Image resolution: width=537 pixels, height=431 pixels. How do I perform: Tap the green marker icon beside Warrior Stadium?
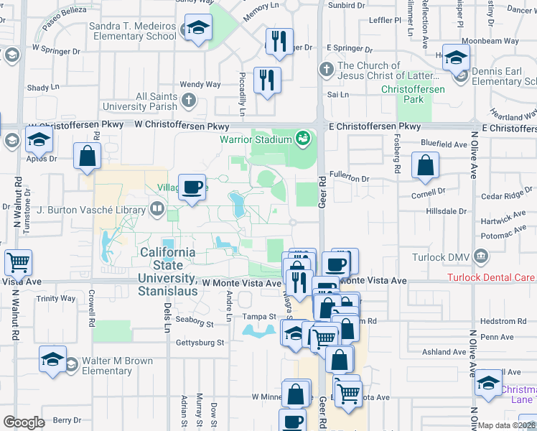[303, 137]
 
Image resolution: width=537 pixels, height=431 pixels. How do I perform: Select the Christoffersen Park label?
[413, 94]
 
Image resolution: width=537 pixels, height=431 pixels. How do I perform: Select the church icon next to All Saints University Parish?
[188, 100]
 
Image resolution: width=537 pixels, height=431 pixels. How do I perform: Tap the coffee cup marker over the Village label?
[192, 187]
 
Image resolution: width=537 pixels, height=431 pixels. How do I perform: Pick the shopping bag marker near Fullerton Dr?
[426, 164]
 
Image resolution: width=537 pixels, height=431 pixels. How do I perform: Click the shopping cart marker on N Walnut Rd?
[18, 263]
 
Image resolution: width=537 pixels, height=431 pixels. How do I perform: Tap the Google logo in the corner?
[24, 422]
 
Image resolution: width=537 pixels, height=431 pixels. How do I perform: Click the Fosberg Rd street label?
[397, 161]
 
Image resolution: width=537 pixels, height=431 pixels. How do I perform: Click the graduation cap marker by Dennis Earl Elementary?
[456, 57]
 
